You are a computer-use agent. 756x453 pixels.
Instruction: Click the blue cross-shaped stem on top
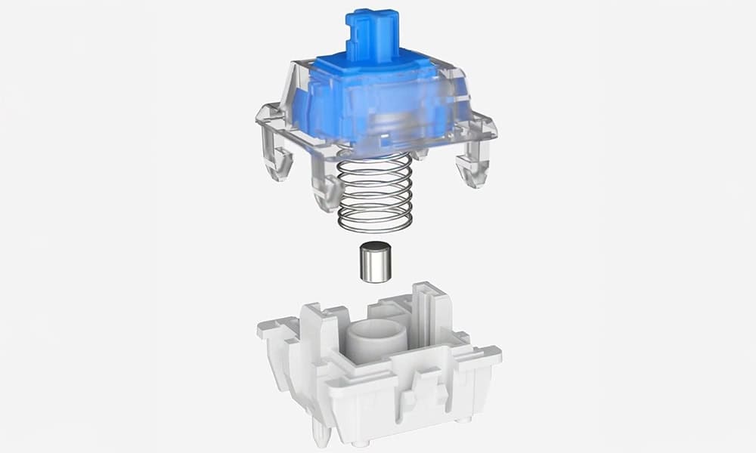click(x=371, y=34)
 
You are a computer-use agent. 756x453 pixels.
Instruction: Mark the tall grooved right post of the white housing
click(x=428, y=310)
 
